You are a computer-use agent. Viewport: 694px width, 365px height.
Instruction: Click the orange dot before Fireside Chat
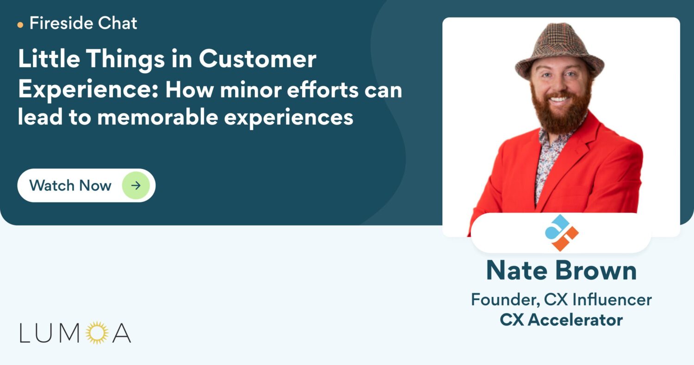(20, 25)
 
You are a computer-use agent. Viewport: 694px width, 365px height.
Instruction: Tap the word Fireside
(62, 23)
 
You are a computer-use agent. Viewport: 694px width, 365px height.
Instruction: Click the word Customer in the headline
(257, 59)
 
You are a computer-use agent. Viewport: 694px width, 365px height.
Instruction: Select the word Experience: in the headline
(88, 90)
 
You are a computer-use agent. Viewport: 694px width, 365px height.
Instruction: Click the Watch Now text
(70, 185)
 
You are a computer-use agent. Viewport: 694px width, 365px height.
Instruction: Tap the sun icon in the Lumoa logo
(97, 333)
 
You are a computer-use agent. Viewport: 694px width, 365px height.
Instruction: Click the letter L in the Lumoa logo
(25, 333)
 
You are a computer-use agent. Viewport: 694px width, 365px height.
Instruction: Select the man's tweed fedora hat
(559, 50)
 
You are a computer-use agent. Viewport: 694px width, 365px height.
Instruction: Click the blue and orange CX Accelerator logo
(561, 233)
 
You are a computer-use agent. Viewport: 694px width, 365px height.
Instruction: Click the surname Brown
(595, 271)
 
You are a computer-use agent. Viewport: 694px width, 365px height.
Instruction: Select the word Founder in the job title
(506, 300)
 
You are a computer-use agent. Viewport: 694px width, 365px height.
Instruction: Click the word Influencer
(612, 300)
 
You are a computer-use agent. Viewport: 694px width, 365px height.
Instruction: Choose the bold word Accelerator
(575, 320)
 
